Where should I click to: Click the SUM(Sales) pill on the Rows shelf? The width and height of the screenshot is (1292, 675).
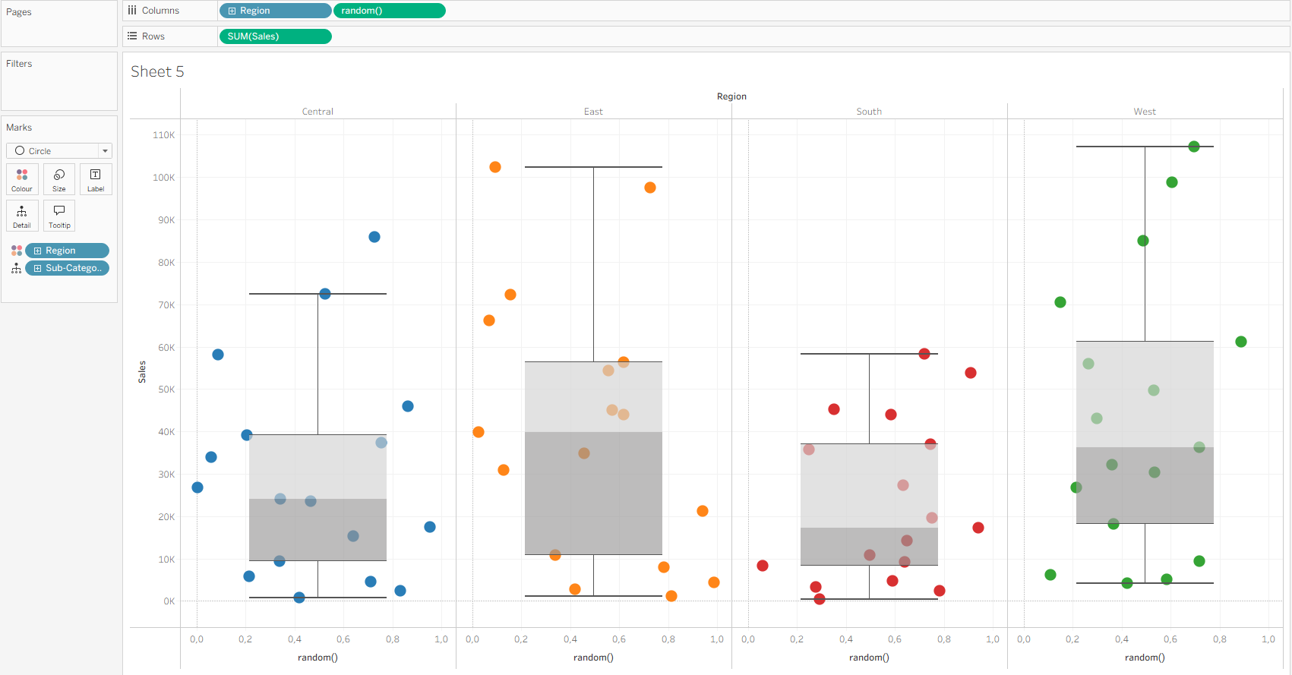coord(274,36)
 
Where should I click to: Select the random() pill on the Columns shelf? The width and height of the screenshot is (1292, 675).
coord(389,11)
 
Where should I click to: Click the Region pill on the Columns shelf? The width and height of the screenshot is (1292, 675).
coord(275,11)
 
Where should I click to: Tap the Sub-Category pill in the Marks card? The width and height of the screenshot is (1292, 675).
coord(68,268)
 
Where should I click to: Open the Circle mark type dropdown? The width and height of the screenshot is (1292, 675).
coord(59,151)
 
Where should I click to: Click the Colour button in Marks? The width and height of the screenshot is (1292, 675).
coord(22,179)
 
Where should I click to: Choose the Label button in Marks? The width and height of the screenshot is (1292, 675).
coord(96,179)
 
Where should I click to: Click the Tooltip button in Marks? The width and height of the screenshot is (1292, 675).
coord(59,216)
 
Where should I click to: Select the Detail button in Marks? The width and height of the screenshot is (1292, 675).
coord(22,216)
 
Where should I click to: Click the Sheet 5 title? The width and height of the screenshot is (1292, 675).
coord(157,71)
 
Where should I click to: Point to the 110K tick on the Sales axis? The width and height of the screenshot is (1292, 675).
coord(164,135)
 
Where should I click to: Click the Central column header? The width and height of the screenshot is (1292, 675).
coord(317,112)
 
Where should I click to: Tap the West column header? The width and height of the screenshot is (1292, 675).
coord(1145,112)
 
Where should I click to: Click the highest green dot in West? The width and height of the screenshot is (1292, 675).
coord(1194,147)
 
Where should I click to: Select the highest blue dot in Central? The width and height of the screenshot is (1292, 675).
coord(374,237)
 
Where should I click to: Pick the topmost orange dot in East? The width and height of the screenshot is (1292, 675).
coord(495,167)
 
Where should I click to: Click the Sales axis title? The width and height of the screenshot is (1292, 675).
coord(142,372)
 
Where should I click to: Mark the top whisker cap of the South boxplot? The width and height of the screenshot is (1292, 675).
coord(869,354)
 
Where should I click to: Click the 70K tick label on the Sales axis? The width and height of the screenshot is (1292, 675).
coord(166,305)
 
